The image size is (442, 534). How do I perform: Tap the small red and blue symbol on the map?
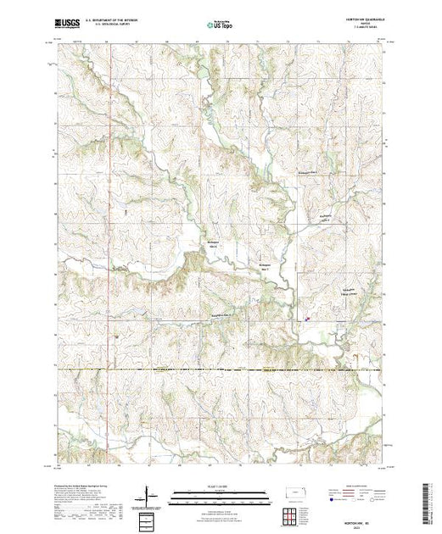(x=306, y=320)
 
